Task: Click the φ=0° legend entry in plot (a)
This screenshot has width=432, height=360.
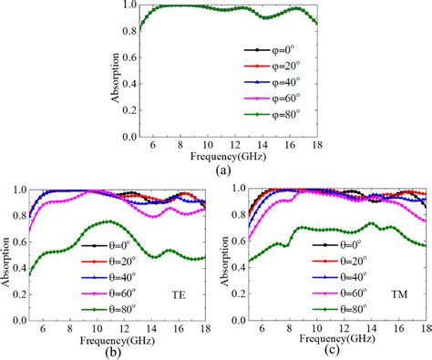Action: point(273,50)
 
